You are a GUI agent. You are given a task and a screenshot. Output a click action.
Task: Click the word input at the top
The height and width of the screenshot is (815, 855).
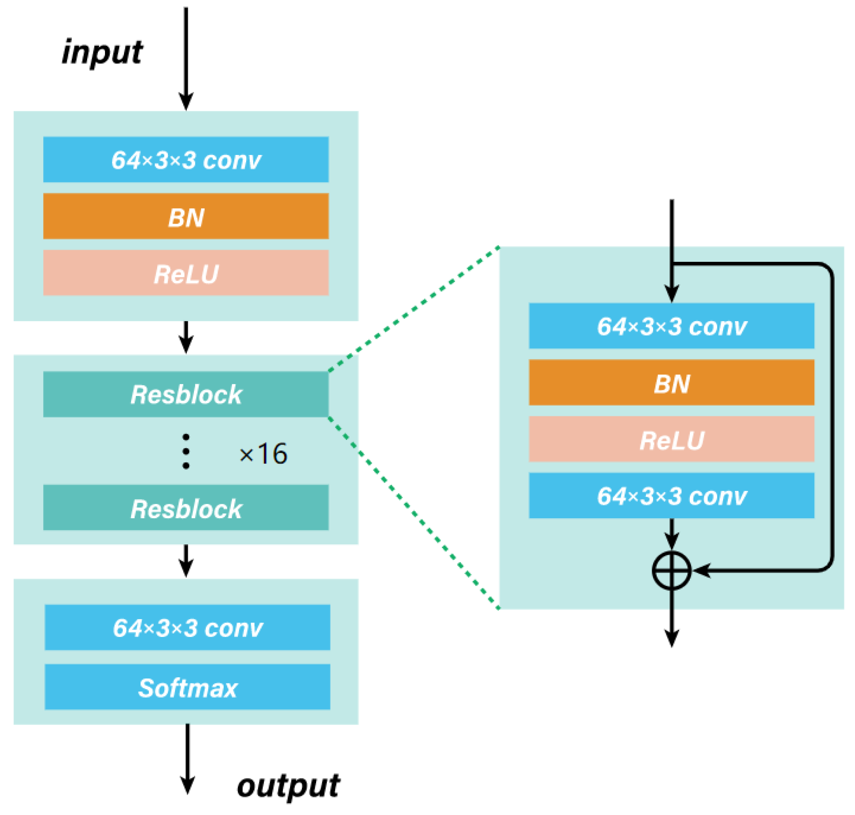click(x=102, y=53)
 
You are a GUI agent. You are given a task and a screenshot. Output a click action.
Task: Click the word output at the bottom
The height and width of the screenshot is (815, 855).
click(x=288, y=787)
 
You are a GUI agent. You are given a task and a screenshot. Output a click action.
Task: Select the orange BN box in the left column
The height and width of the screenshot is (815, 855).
click(x=186, y=217)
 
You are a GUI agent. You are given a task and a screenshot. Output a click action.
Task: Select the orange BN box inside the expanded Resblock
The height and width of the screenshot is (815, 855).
click(x=672, y=383)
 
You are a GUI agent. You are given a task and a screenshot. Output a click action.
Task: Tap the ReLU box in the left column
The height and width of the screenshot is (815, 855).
click(x=186, y=273)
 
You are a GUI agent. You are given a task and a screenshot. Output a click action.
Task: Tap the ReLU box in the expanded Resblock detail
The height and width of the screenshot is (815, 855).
click(x=672, y=439)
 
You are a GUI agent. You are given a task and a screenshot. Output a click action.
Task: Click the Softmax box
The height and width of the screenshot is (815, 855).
click(x=187, y=687)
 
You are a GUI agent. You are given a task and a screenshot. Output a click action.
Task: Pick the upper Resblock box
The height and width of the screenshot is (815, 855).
click(x=186, y=394)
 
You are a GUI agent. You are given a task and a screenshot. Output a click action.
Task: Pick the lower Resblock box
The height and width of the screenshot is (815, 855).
click(x=186, y=508)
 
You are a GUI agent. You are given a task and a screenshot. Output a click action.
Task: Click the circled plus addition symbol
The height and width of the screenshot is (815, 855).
click(x=672, y=571)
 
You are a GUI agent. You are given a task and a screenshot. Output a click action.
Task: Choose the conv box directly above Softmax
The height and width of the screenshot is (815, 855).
click(x=187, y=628)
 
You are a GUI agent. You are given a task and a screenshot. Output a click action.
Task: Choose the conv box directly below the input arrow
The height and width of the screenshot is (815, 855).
click(x=186, y=160)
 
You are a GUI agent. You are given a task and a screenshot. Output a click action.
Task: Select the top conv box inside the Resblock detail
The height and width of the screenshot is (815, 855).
click(x=672, y=326)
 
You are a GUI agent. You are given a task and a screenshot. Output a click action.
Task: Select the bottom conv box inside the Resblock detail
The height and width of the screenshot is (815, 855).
click(x=672, y=496)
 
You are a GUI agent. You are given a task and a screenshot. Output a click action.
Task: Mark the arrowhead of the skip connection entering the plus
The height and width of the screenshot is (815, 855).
click(x=701, y=571)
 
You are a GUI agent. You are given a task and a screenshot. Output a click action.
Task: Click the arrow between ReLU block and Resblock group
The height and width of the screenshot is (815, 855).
click(x=186, y=338)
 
